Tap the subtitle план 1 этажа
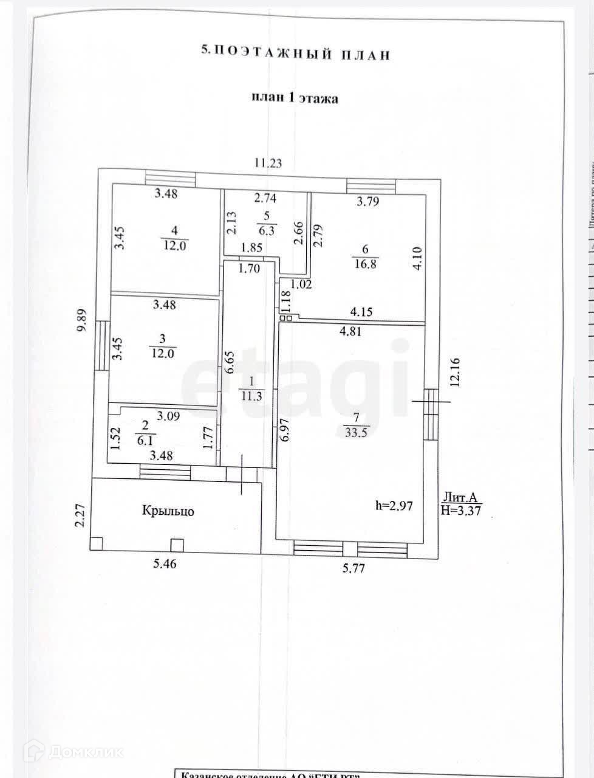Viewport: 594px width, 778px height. [295, 98]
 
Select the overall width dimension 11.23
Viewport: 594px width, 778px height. [268, 163]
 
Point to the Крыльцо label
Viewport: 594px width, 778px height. [168, 511]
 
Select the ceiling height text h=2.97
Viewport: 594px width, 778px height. [398, 506]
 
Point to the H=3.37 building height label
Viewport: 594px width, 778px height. [461, 511]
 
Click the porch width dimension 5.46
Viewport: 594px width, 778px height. [165, 564]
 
